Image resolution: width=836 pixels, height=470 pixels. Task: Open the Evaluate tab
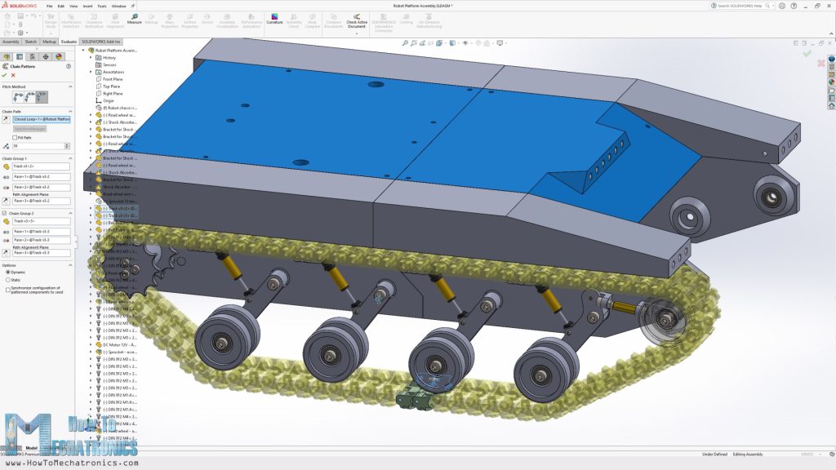[69, 41]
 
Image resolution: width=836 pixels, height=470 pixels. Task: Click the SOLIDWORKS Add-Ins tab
[100, 41]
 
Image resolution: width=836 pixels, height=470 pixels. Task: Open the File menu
[49, 6]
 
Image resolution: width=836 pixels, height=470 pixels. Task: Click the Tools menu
[101, 6]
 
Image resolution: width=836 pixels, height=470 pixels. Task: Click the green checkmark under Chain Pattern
[4, 75]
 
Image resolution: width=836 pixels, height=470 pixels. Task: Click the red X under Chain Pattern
[13, 75]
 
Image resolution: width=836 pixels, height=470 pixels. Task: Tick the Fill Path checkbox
[15, 137]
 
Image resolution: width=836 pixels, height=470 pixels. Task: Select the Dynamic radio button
[8, 272]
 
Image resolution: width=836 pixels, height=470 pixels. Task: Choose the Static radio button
[8, 280]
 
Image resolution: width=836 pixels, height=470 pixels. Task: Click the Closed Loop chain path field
[42, 119]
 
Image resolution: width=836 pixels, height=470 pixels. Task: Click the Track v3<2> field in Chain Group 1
[42, 166]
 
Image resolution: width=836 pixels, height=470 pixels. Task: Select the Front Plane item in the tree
[113, 79]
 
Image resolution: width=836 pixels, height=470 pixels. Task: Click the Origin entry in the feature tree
[109, 100]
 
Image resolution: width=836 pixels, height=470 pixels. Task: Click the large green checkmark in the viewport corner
[807, 54]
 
